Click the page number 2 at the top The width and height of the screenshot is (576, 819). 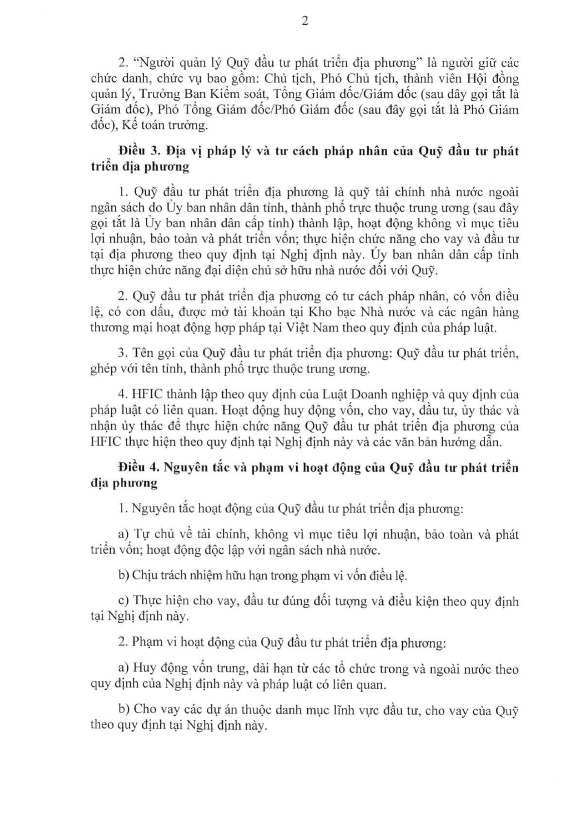click(x=305, y=21)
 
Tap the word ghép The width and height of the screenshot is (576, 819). click(x=103, y=369)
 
